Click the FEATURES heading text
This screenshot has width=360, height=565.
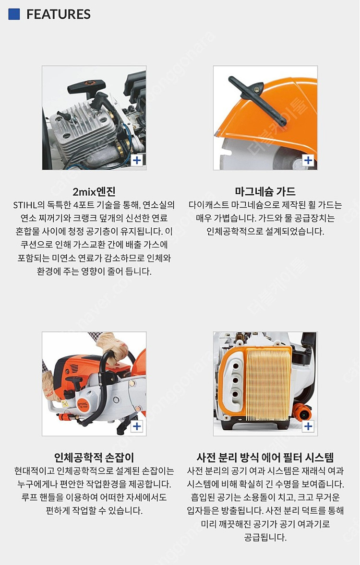58,14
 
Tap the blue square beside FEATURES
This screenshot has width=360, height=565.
14,14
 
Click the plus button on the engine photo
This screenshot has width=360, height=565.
137,160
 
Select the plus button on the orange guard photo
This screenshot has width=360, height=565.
308,160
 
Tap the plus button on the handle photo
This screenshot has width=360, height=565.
137,426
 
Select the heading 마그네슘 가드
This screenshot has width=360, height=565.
265,191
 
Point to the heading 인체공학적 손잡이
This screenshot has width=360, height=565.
94,457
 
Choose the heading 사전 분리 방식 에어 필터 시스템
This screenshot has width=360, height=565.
265,457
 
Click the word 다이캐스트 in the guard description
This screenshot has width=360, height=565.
213,205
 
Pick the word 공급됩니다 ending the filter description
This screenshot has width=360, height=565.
265,537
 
